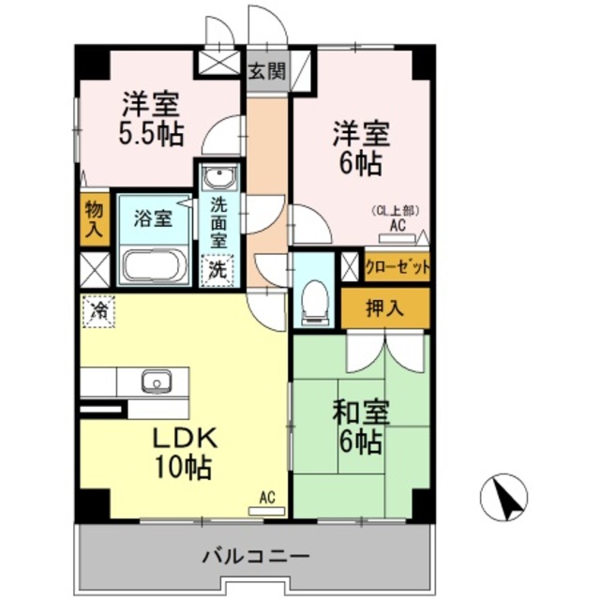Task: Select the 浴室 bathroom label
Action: (x=153, y=219)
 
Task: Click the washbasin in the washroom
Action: (x=219, y=177)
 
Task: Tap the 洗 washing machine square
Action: (x=217, y=268)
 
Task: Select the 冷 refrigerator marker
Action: (x=97, y=310)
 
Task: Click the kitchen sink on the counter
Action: (x=155, y=382)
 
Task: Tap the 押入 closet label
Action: (x=384, y=307)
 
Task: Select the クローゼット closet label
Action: (x=397, y=266)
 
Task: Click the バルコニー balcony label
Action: (x=255, y=558)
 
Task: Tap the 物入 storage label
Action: (x=93, y=218)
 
